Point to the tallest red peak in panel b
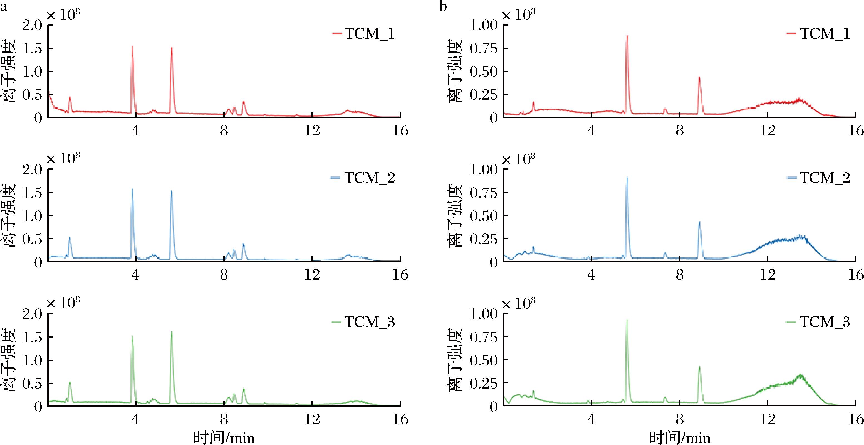(x=627, y=36)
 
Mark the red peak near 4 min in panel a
(x=132, y=47)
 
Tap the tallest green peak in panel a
(x=171, y=332)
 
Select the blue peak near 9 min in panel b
(x=699, y=222)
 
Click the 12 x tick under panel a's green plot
(x=312, y=419)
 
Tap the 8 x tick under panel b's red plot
(x=680, y=131)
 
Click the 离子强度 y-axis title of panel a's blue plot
(x=9, y=215)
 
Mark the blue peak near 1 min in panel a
(x=70, y=237)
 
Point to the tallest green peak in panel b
(x=627, y=321)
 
